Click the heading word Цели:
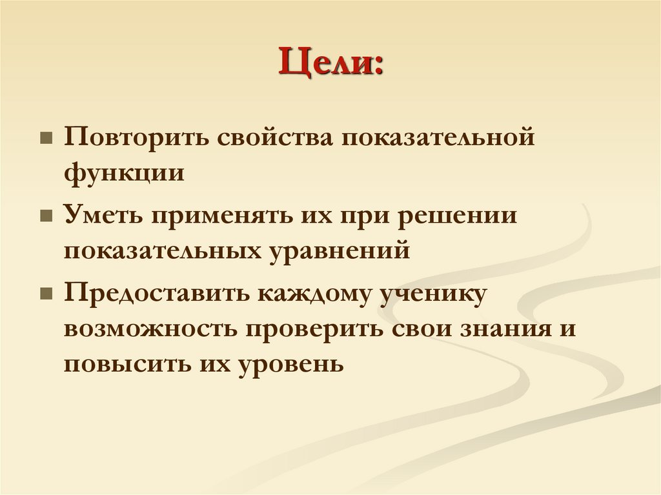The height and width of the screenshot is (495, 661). tap(330, 65)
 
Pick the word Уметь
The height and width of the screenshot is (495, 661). tap(102, 215)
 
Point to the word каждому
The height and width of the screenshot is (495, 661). tap(311, 292)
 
